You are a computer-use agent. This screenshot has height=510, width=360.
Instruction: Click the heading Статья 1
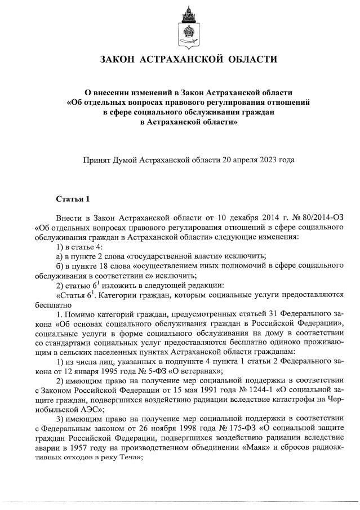[x=73, y=199]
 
